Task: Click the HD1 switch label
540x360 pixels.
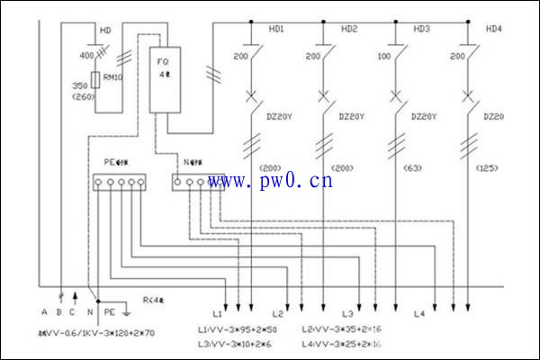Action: click(x=276, y=29)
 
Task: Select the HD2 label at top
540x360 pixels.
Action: click(x=349, y=29)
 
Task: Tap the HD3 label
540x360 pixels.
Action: click(x=421, y=29)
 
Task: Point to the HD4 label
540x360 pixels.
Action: click(x=494, y=29)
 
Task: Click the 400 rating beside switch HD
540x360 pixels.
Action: click(x=86, y=57)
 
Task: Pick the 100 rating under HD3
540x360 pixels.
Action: click(x=384, y=57)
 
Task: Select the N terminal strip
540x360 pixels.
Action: click(x=195, y=183)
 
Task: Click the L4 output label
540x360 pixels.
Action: click(x=418, y=314)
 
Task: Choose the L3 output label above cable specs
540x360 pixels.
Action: click(x=346, y=314)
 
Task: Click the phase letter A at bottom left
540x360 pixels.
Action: click(x=43, y=312)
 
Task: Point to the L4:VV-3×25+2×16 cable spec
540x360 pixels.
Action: click(x=341, y=345)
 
